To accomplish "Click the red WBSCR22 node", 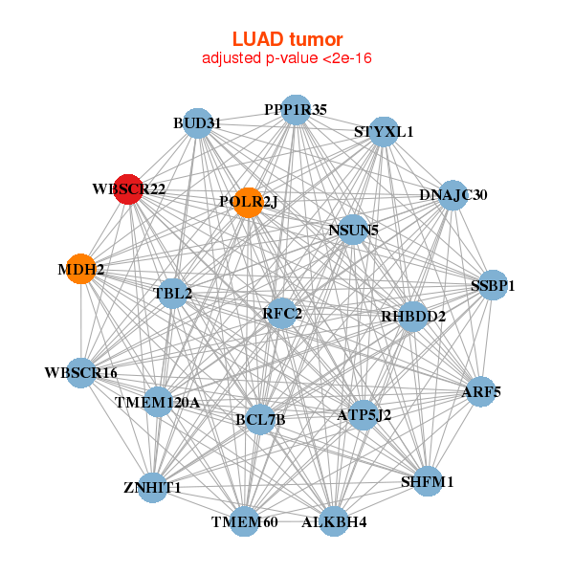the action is click(128, 188).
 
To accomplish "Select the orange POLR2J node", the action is click(248, 202).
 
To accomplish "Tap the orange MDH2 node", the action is click(81, 269).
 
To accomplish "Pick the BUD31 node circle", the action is click(197, 122).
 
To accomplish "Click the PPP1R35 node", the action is click(296, 109).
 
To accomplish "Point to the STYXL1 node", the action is click(383, 131).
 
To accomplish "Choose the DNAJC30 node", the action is click(453, 195).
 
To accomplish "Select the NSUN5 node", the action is click(353, 230).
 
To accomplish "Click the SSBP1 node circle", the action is click(493, 285).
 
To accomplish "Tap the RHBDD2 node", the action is click(413, 316).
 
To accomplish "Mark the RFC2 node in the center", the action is click(281, 313).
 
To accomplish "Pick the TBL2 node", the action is click(173, 293).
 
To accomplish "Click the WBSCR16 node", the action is click(80, 372).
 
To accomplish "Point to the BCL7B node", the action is click(260, 419).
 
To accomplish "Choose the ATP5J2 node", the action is click(364, 415).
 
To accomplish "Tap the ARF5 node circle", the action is click(481, 391).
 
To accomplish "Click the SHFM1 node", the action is click(427, 481).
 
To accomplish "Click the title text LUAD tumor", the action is click(287, 39).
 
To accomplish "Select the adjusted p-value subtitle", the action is click(287, 58).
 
